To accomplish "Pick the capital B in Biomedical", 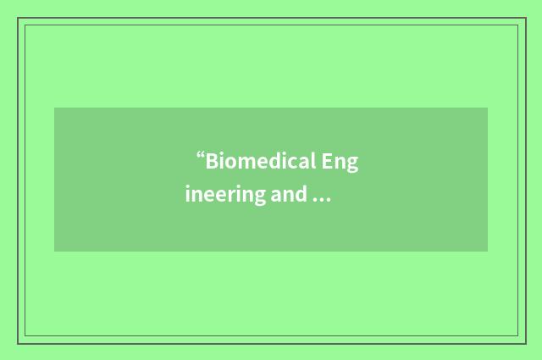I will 212,161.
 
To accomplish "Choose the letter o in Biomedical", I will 230,163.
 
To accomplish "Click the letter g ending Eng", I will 352,164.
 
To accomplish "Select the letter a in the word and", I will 277,197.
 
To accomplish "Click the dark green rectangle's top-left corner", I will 54,108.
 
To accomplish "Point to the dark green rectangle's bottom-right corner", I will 488,252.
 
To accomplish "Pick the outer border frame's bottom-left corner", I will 18,343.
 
